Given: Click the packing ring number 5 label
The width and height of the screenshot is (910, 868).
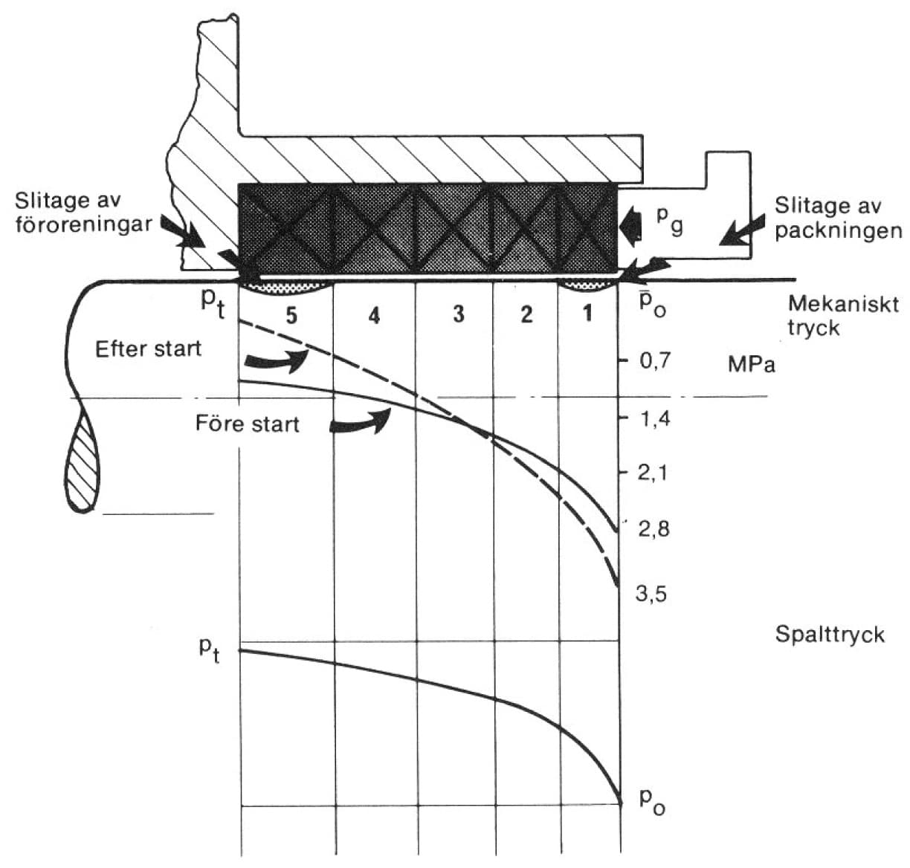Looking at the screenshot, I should [x=291, y=315].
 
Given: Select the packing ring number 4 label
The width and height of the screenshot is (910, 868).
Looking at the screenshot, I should [x=374, y=316].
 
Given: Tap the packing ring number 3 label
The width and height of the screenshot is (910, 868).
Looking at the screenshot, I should [x=458, y=314].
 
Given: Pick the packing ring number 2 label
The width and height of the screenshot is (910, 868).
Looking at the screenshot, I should [x=526, y=314].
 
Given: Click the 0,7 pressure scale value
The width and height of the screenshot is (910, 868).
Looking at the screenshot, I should [x=654, y=361].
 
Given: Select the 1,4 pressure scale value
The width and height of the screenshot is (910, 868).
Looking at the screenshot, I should [x=654, y=418].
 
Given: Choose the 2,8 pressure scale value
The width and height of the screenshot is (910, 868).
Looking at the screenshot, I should [x=654, y=529].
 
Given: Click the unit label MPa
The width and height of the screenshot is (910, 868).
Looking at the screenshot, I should [x=752, y=365].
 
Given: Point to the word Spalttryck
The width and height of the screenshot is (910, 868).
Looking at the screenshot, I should [x=830, y=635].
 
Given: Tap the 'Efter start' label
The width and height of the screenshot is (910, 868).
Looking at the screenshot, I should [x=149, y=349].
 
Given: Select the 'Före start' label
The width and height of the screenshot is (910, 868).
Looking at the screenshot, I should [x=247, y=424].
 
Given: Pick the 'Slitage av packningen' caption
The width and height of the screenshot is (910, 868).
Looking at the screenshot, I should [x=838, y=218].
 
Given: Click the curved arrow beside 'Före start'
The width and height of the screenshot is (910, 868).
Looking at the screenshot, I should [x=361, y=421].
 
